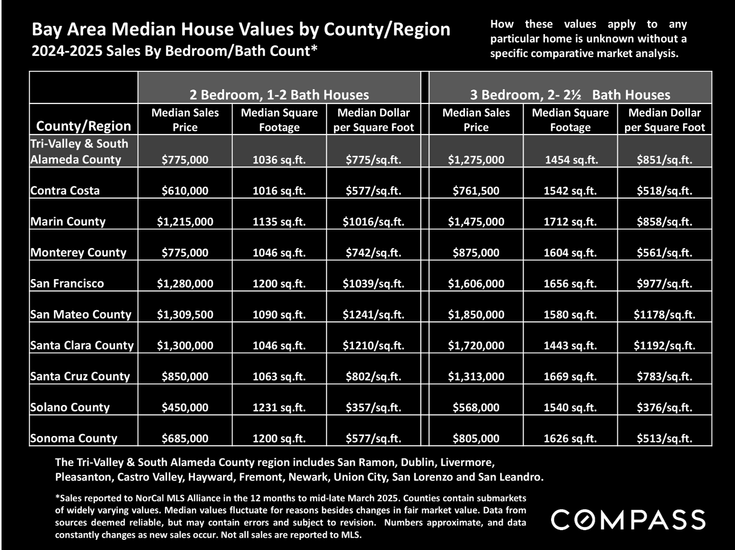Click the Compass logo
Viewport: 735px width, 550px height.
click(x=628, y=520)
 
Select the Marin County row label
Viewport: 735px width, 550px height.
click(x=68, y=222)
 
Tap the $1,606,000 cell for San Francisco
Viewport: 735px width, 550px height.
click(x=476, y=284)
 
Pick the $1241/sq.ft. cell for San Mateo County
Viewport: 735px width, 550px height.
click(x=373, y=315)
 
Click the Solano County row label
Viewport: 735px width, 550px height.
click(x=70, y=407)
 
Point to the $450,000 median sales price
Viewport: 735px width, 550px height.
click(x=185, y=407)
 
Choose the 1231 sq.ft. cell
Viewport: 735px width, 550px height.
click(x=279, y=407)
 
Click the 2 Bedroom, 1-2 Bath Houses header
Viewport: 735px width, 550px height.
click(x=279, y=95)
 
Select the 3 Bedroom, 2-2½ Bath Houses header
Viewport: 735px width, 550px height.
click(x=570, y=95)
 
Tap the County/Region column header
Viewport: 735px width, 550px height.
click(x=84, y=126)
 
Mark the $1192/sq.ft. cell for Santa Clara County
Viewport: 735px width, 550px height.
click(x=664, y=345)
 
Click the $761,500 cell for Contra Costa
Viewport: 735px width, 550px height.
click(x=476, y=191)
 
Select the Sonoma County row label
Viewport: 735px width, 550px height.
click(x=74, y=438)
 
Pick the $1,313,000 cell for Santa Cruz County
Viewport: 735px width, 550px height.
click(x=476, y=377)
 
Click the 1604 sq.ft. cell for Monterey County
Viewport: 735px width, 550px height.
click(x=570, y=253)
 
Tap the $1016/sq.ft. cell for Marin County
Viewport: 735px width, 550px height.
click(x=373, y=222)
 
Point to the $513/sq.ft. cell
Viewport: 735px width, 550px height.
click(x=664, y=438)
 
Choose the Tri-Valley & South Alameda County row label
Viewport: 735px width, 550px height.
click(x=79, y=152)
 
